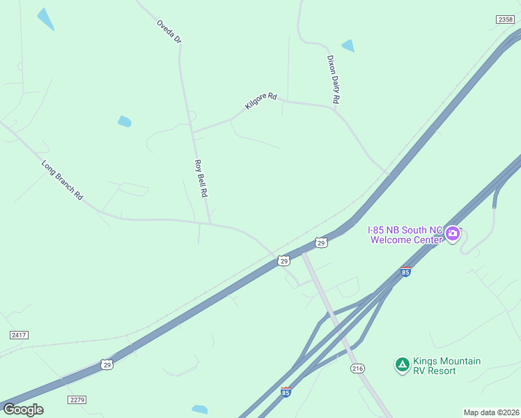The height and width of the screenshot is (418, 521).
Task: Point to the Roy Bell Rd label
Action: (x=201, y=178)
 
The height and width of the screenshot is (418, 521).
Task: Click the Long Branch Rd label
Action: (x=62, y=180)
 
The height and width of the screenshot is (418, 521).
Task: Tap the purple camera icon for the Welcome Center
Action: (x=453, y=233)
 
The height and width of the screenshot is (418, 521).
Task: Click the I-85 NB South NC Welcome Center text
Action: (x=405, y=235)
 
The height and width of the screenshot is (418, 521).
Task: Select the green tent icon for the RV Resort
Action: (x=402, y=364)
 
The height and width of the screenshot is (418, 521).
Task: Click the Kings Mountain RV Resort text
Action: (x=446, y=366)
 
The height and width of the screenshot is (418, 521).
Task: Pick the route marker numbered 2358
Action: (x=506, y=20)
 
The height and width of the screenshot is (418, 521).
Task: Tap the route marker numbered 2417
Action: (x=19, y=335)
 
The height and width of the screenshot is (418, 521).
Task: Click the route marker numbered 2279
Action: (x=77, y=399)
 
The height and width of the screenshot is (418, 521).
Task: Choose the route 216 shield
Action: (x=358, y=369)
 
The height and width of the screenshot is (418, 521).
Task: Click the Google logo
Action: (x=23, y=410)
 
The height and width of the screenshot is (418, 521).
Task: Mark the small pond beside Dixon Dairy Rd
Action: (x=348, y=46)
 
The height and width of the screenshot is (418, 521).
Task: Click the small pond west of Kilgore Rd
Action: (x=125, y=121)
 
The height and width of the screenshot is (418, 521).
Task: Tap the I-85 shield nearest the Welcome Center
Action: (x=405, y=272)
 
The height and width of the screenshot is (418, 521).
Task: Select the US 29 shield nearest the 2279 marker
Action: (x=106, y=364)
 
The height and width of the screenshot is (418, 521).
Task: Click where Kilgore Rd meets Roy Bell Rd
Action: (x=193, y=131)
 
